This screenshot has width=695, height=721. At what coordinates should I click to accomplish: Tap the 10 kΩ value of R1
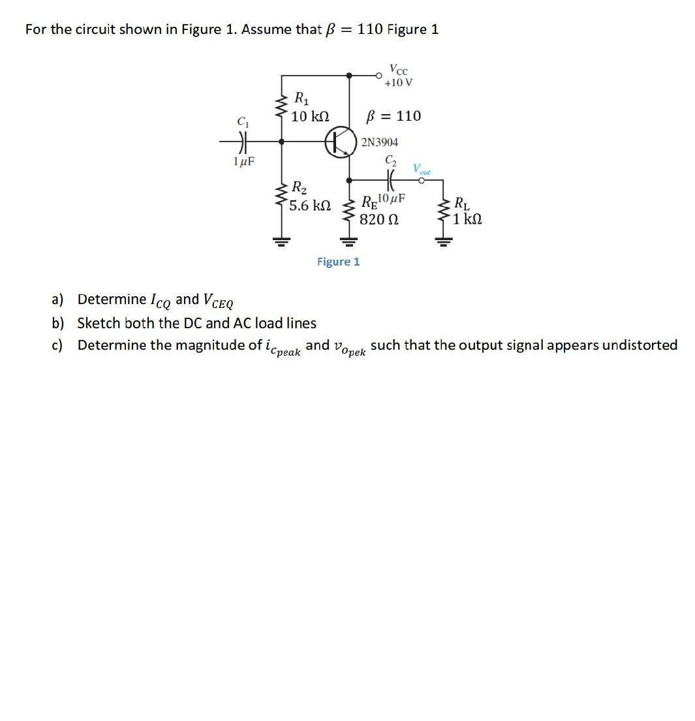tap(310, 117)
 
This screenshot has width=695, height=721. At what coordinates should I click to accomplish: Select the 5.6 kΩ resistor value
tap(309, 206)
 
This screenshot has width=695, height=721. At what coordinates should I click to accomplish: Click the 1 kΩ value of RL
tap(469, 219)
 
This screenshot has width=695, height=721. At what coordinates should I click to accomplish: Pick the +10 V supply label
tap(398, 83)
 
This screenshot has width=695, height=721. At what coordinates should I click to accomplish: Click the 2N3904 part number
tap(380, 142)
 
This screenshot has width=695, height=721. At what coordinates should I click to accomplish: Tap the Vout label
tap(422, 170)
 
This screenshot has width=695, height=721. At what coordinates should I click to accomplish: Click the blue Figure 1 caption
tap(338, 262)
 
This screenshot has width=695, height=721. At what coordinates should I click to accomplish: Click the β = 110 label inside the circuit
tap(394, 116)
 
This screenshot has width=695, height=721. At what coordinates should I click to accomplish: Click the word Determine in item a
tap(112, 299)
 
